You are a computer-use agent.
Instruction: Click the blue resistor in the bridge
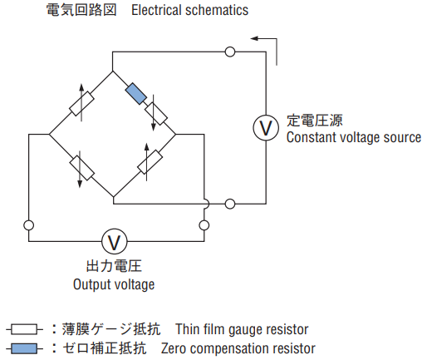(x=136, y=93)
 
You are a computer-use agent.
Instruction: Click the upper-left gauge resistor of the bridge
(x=81, y=103)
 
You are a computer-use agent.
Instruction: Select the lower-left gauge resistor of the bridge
(x=81, y=168)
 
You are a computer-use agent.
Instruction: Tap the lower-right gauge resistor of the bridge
(x=150, y=162)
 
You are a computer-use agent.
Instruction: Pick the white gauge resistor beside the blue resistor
(x=156, y=114)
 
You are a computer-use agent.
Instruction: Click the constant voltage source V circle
(x=266, y=128)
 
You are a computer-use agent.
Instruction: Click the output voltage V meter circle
(x=115, y=242)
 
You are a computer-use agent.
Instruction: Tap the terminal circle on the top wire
(x=230, y=52)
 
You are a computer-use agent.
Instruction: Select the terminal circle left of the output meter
(x=29, y=225)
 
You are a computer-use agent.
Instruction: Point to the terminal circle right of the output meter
(x=204, y=225)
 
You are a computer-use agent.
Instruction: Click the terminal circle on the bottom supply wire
(x=230, y=204)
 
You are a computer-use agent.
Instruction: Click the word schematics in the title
(x=217, y=10)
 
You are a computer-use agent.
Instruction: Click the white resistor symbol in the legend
(x=24, y=329)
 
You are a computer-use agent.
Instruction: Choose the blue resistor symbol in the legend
(x=24, y=348)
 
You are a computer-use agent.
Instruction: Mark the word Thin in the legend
(x=188, y=329)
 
